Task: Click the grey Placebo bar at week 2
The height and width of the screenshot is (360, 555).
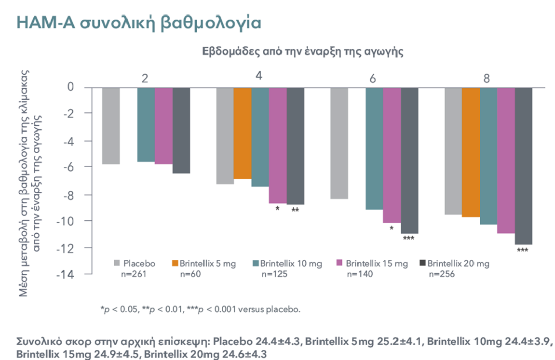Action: [x=111, y=126]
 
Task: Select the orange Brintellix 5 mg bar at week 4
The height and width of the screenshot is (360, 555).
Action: [x=243, y=133]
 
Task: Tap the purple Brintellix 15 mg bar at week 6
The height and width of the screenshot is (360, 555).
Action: [x=392, y=155]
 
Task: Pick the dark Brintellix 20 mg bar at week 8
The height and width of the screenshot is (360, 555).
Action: [x=524, y=166]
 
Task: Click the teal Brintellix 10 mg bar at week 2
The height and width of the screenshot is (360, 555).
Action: [x=146, y=124]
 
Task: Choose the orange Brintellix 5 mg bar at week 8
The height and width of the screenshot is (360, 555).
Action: [x=471, y=152]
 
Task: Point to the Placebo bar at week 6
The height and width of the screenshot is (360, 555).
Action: [x=339, y=143]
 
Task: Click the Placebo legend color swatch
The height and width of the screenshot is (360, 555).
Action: [x=117, y=263]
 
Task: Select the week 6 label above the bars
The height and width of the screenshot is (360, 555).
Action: [x=373, y=78]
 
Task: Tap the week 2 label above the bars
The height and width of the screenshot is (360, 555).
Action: [x=145, y=78]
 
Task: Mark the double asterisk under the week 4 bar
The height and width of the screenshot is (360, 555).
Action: [x=295, y=210]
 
